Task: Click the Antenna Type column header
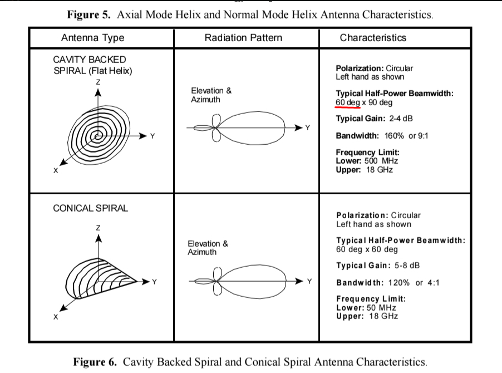click(x=92, y=38)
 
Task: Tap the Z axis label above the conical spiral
click(x=98, y=228)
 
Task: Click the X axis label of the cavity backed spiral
click(x=56, y=170)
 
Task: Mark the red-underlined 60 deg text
click(x=347, y=102)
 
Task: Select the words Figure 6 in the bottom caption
click(x=95, y=362)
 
